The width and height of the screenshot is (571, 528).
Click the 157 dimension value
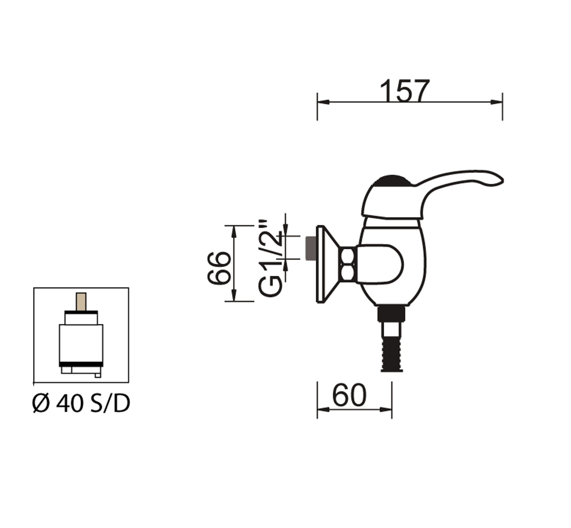tap(405, 91)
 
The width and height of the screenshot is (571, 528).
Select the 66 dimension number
tap(219, 268)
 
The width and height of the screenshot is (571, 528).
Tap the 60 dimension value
tap(349, 395)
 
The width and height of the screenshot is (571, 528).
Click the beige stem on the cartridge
tap(81, 302)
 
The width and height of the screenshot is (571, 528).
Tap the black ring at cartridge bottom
tap(81, 364)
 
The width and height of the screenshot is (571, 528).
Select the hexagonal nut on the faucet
tap(347, 265)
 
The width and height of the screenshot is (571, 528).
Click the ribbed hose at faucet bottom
tap(392, 356)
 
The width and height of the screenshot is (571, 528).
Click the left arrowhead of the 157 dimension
tap(322, 102)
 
